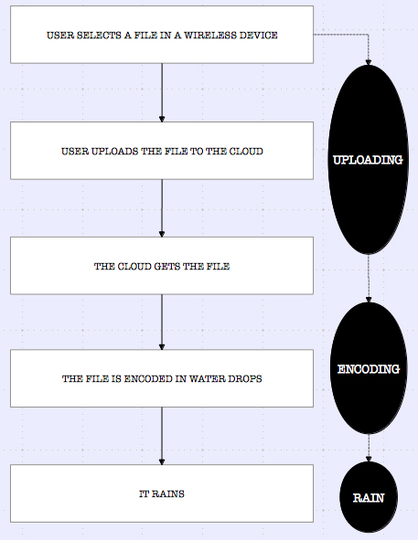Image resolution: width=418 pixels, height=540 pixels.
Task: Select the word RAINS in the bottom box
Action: pos(169,493)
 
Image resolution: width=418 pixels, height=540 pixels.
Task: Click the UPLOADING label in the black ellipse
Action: pos(368,160)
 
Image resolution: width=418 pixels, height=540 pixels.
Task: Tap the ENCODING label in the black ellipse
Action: pos(369,370)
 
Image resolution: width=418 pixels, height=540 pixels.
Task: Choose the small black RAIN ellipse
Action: pos(369,498)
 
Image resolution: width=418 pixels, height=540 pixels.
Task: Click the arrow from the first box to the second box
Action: pos(162,91)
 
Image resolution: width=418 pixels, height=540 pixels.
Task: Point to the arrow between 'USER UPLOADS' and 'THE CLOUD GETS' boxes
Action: pos(162,208)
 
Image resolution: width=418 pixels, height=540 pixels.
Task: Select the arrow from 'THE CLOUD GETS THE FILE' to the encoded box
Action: pos(162,323)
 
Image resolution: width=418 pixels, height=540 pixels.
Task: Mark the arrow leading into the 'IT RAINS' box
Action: pos(162,436)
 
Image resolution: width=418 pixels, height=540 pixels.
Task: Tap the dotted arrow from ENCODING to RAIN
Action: pos(369,448)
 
